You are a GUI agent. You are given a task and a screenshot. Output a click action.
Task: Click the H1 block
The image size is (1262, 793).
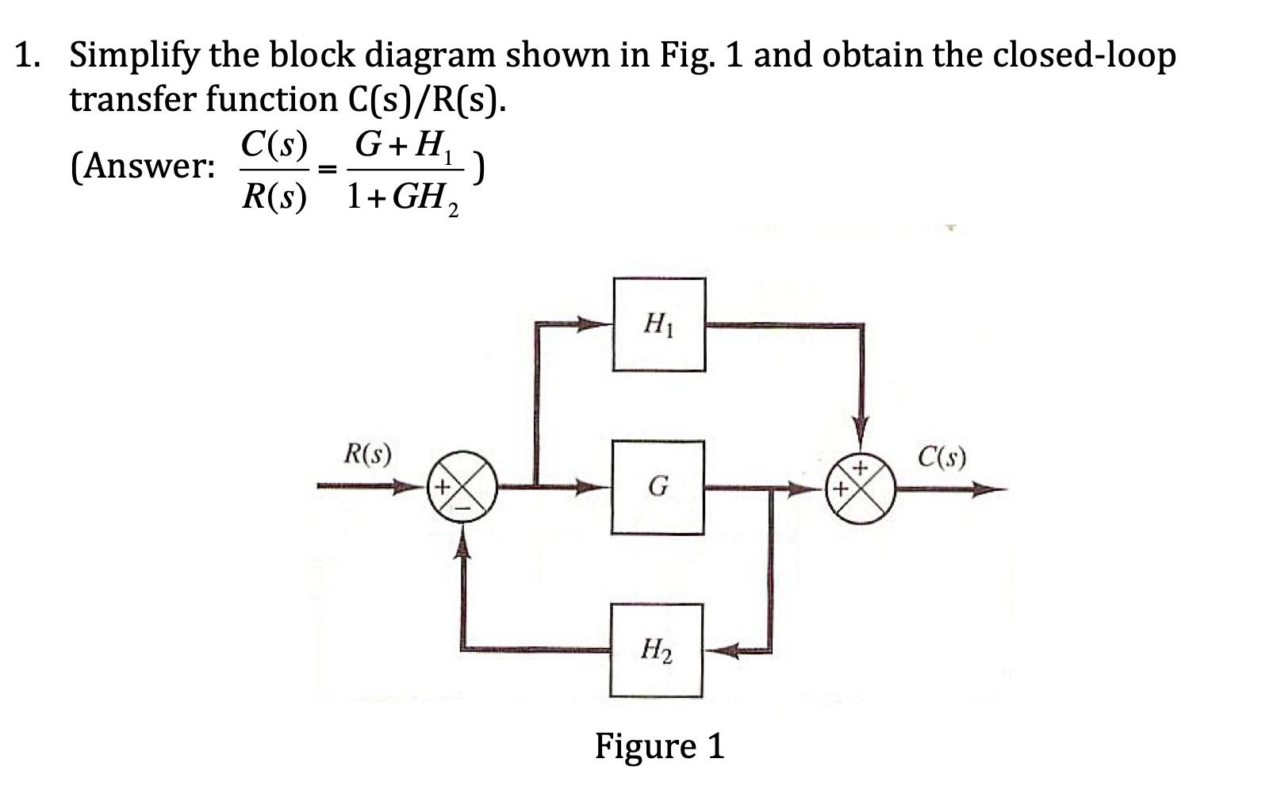tap(658, 324)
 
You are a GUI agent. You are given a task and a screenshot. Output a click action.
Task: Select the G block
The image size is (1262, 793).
tap(658, 487)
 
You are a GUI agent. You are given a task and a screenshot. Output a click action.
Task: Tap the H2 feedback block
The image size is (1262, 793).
tap(657, 651)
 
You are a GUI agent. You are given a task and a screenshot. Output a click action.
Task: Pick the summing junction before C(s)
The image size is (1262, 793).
tap(861, 487)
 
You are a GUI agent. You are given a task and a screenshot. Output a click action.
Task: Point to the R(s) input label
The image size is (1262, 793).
tap(367, 454)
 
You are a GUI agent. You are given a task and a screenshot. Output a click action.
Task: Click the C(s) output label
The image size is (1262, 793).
tap(942, 458)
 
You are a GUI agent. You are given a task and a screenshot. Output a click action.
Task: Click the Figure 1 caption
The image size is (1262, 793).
tap(659, 745)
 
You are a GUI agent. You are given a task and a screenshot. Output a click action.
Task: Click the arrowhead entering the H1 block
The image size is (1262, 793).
tap(596, 324)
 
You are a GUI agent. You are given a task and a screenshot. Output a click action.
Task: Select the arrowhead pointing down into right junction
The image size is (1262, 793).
tap(861, 425)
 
